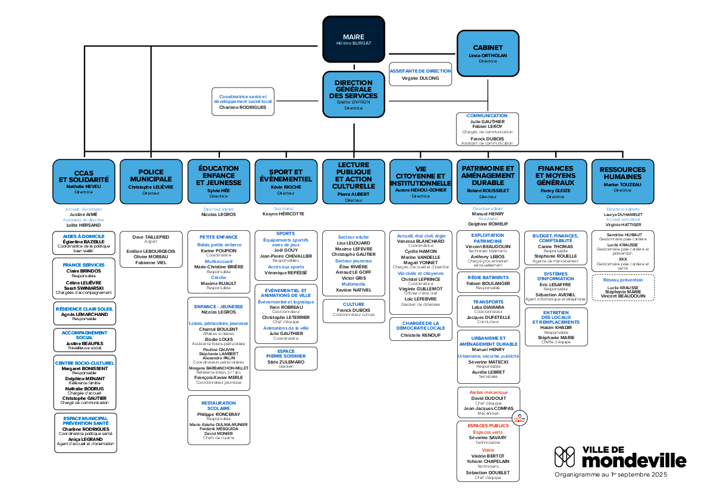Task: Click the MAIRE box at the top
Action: [x=353, y=39]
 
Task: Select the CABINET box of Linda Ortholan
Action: [x=487, y=53]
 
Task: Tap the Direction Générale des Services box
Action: [x=353, y=93]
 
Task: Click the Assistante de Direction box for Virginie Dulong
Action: [x=420, y=74]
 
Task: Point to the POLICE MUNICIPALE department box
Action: [x=151, y=182]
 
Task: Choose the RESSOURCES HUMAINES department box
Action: [x=622, y=182]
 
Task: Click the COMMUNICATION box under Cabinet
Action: [x=487, y=129]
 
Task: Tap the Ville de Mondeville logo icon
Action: [x=565, y=457]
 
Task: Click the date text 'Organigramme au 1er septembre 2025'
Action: [x=611, y=475]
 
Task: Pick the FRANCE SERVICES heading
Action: [x=84, y=265]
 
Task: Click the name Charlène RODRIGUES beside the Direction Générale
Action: [x=243, y=108]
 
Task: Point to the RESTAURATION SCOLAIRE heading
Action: [x=218, y=406]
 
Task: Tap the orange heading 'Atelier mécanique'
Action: [x=488, y=393]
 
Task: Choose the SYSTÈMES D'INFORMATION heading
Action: [x=555, y=276]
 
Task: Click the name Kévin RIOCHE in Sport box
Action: [x=285, y=187]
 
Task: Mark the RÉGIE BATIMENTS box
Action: [x=488, y=282]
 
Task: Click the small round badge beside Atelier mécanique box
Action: [x=520, y=418]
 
